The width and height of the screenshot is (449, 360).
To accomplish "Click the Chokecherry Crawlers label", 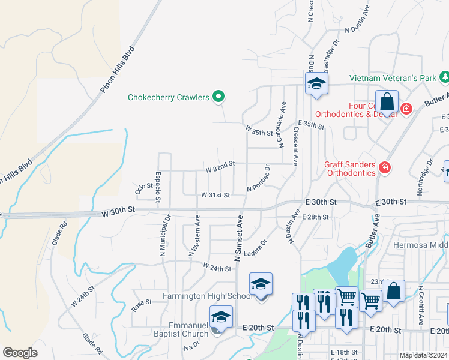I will [167, 97].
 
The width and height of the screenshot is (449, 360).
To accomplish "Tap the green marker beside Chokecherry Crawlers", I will [219, 96].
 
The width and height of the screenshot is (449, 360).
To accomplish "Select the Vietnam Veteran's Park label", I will [393, 79].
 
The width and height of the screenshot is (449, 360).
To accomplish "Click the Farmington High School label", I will [207, 296].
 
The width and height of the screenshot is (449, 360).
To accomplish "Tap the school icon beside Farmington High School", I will [261, 284].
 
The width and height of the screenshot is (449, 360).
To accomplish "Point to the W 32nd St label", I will [220, 163].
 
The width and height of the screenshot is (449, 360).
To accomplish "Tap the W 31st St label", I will [215, 195].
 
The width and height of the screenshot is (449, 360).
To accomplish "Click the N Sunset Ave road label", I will [238, 238].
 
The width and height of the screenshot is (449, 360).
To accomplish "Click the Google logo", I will [20, 353].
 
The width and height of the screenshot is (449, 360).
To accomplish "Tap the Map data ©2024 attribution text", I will [423, 355].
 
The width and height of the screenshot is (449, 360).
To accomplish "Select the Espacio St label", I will [158, 187].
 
